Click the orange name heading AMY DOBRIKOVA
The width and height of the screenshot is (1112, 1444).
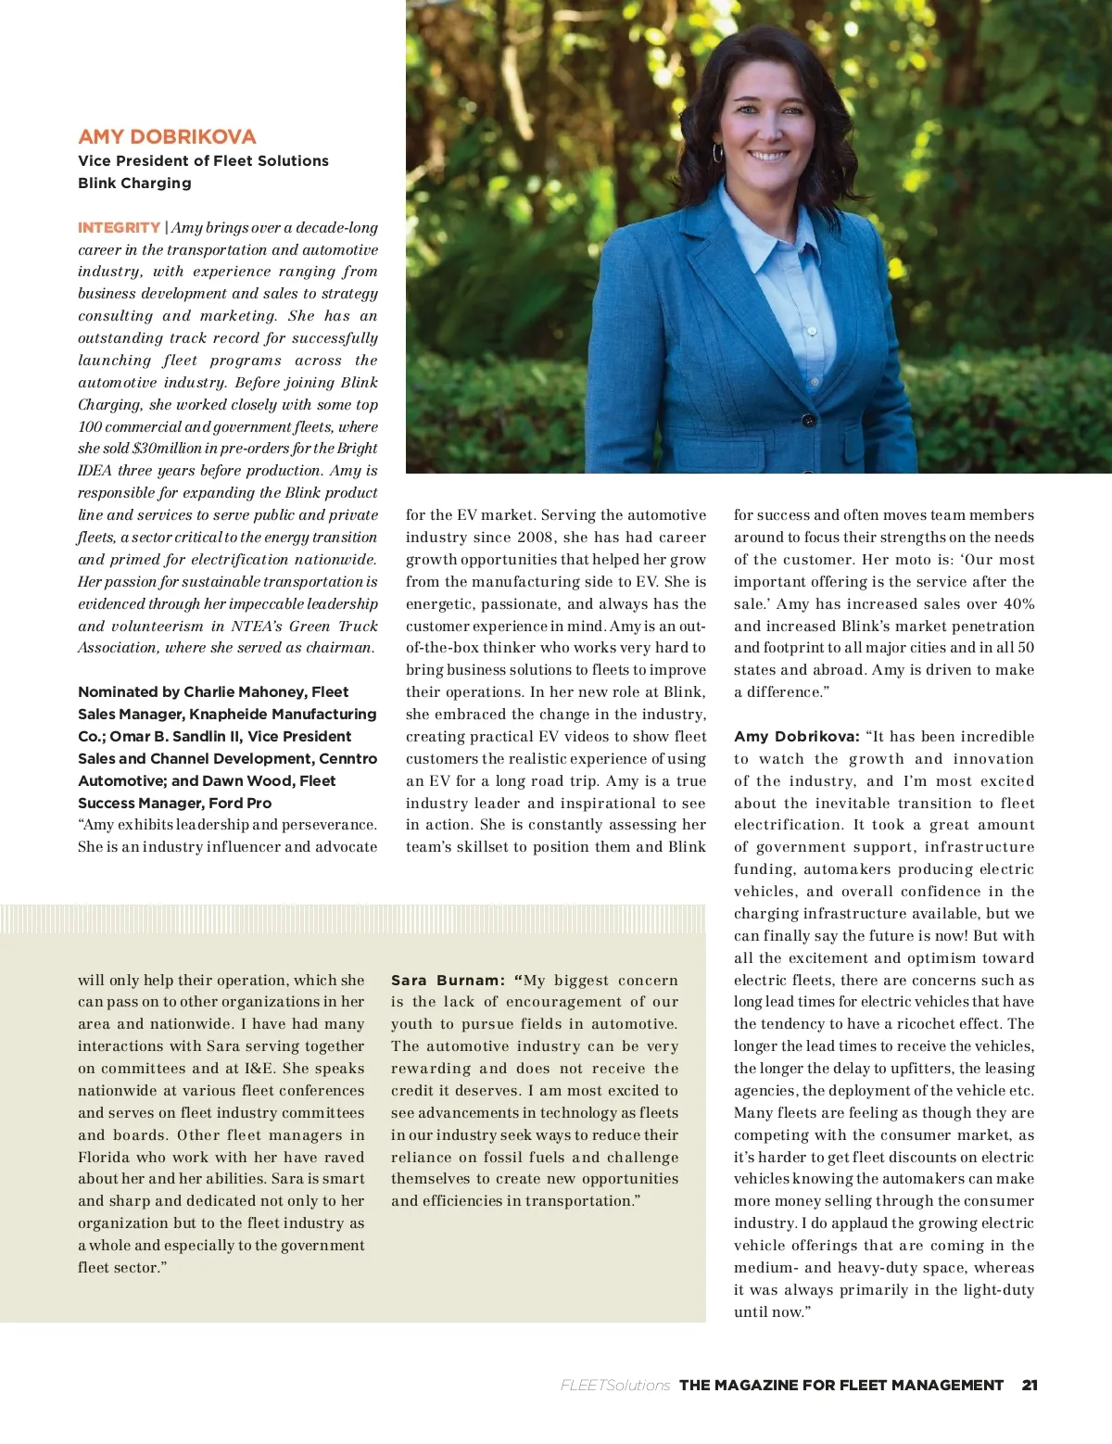pos(167,136)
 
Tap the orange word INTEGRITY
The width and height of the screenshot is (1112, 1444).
pos(119,227)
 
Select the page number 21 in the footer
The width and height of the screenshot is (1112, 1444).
pos(1030,1385)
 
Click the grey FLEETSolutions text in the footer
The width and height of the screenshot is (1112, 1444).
pos(614,1385)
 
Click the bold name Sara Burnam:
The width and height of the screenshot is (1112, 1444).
pos(448,980)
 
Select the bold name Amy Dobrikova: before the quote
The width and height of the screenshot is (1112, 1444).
pos(796,737)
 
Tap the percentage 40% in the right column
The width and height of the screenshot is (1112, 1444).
pos(1018,604)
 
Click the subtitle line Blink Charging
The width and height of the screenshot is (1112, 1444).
pos(134,183)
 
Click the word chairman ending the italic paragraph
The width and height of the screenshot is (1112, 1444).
pos(337,648)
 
